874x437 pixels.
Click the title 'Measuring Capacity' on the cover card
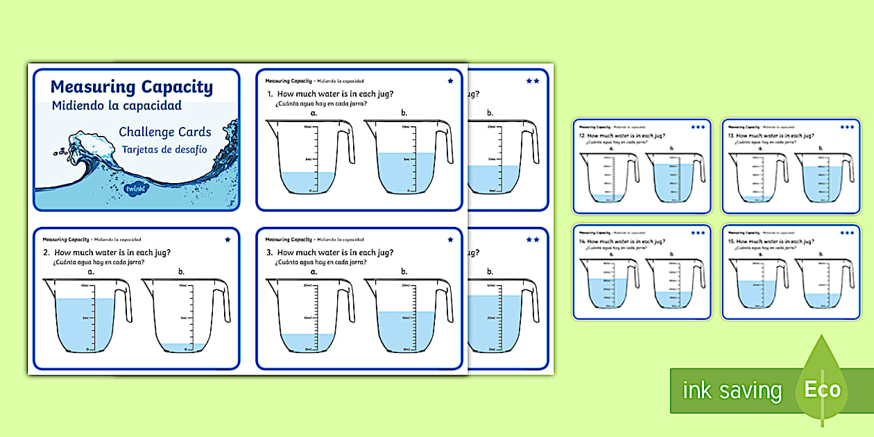click(x=132, y=87)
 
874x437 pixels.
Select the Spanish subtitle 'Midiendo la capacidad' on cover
click(x=117, y=105)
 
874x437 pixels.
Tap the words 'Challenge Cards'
click(x=165, y=132)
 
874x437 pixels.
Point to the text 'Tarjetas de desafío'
click(x=165, y=149)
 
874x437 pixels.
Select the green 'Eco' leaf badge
click(x=823, y=388)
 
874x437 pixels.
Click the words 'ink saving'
click(x=732, y=391)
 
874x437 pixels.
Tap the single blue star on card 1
click(x=450, y=81)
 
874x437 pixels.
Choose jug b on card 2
click(x=182, y=316)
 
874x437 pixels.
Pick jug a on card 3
click(x=305, y=316)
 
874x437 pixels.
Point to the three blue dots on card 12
click(x=698, y=127)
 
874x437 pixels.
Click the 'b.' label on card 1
click(x=404, y=113)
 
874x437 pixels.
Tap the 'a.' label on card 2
click(x=91, y=272)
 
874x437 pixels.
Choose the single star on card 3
click(x=450, y=239)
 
